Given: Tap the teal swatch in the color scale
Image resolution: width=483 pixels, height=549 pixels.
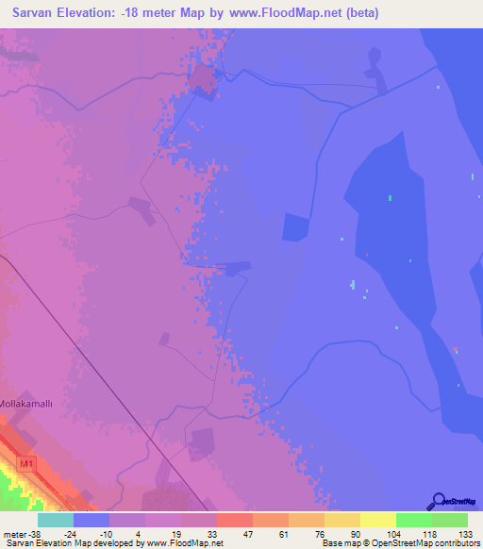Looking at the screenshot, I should [x=56, y=520].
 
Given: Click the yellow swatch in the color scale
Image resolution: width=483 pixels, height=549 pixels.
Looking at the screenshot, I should [x=377, y=520].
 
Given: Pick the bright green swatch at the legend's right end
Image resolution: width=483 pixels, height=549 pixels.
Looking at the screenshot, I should [x=449, y=520].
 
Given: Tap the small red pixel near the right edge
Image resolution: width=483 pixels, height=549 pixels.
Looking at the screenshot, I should [x=455, y=349].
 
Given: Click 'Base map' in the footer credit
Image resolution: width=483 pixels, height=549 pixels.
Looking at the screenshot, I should [x=337, y=543].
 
